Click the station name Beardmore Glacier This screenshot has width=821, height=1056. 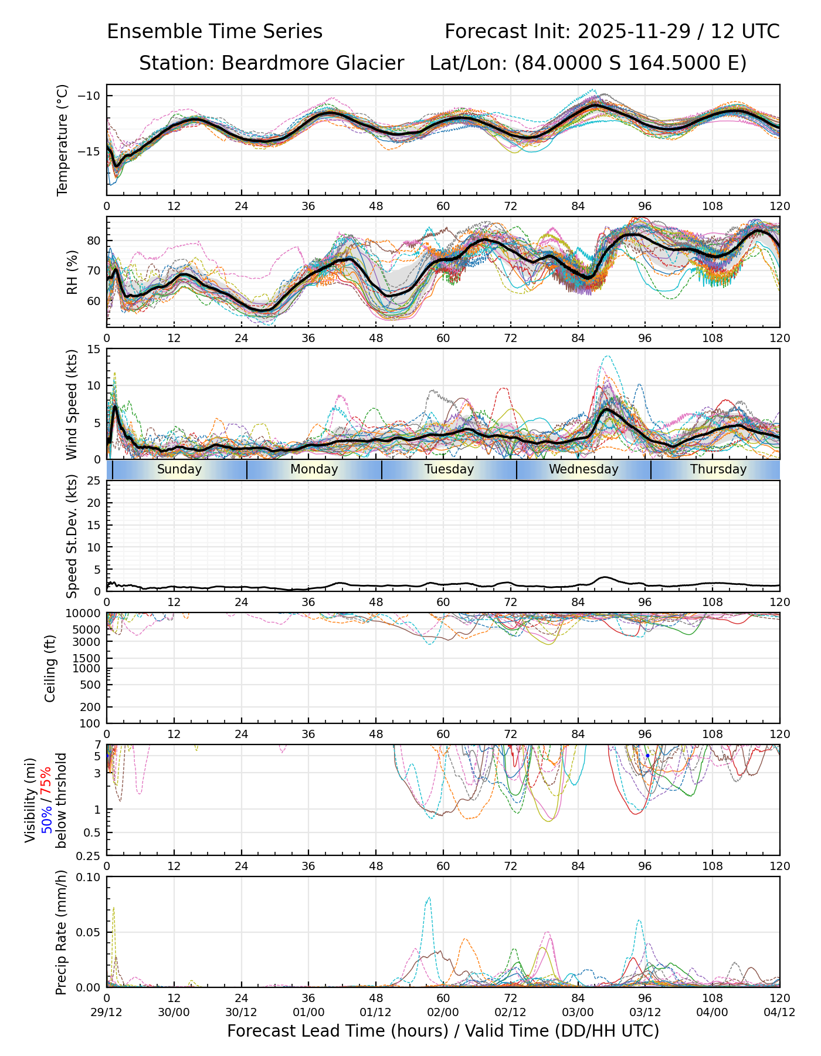coord(312,63)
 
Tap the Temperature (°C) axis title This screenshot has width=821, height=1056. coord(63,140)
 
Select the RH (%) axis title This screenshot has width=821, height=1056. coord(72,272)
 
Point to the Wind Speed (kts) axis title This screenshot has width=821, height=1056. coord(72,404)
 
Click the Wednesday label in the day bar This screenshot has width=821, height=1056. coord(583,469)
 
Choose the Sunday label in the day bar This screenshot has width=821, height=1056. coord(179,469)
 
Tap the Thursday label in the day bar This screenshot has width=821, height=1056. coord(718,469)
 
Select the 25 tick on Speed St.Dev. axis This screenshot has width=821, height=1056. coord(93,481)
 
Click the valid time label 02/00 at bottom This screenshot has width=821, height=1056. coord(443,1012)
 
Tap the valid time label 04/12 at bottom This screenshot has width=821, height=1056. coord(779,1012)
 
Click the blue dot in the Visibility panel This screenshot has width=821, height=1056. coord(647,756)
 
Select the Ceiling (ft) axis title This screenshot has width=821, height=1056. coord(50,668)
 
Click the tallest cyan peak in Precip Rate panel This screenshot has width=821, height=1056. coord(429,897)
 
